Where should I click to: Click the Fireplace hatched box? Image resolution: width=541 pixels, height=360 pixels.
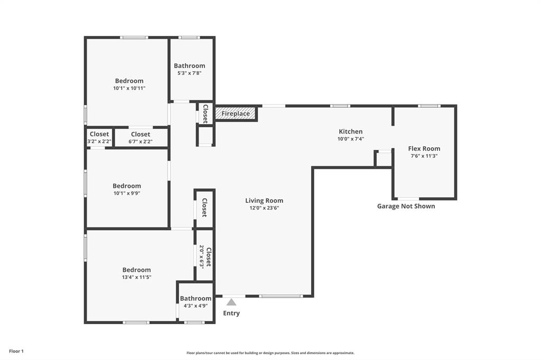click(236, 113)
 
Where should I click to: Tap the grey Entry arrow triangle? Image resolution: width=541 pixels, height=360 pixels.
click(231, 302)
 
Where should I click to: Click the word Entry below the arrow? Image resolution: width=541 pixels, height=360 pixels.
click(231, 313)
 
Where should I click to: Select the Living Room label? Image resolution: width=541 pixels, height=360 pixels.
click(264, 201)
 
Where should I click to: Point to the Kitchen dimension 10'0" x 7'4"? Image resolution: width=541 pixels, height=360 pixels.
click(351, 139)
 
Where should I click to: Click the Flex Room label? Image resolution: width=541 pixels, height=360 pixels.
click(424, 149)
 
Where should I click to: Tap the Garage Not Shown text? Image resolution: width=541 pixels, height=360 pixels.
click(406, 206)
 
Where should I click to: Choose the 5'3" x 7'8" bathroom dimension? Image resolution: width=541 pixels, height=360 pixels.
click(190, 73)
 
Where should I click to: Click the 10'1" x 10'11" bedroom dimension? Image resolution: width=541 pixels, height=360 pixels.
click(129, 88)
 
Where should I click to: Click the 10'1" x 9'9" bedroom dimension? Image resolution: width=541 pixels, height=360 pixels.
click(127, 193)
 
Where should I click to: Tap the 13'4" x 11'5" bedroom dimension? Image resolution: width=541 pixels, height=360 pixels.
click(137, 277)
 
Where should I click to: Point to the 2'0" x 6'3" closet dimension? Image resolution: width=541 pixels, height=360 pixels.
click(201, 257)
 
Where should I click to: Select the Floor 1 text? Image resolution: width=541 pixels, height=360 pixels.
click(16, 352)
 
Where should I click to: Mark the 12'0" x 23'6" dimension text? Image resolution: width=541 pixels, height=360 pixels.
click(264, 208)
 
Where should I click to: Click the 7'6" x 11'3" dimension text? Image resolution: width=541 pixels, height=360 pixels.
click(424, 156)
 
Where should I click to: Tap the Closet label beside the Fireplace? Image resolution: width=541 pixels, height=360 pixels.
click(206, 114)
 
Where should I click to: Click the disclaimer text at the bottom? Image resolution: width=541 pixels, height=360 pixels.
click(270, 353)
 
